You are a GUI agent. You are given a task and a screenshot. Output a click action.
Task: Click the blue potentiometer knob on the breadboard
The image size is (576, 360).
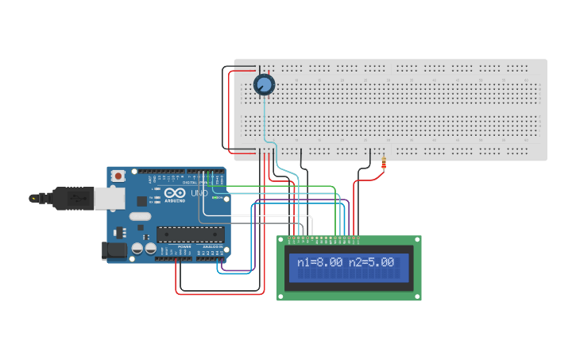point(264,84)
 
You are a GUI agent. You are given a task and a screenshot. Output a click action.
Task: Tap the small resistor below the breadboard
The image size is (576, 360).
point(385,164)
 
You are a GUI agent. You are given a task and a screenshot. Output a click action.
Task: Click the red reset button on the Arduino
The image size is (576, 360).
point(118,175)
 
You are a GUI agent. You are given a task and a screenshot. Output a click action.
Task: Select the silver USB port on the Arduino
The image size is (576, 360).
point(109,198)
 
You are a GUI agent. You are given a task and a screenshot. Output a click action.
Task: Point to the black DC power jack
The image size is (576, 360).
point(114,251)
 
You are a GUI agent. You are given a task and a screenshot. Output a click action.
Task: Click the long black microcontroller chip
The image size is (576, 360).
point(190,234)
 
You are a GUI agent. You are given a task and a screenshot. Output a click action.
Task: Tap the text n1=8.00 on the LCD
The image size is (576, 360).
point(320,262)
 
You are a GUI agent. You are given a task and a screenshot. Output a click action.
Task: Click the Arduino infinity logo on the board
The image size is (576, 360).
point(176,193)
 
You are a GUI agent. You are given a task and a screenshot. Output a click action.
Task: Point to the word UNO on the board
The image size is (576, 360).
point(199,193)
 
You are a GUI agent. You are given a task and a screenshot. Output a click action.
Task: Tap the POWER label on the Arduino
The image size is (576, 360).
point(184,247)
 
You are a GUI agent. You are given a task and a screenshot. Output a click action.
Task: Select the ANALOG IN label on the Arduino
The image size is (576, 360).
point(211,247)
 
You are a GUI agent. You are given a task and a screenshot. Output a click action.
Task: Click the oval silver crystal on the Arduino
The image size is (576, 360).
point(140,216)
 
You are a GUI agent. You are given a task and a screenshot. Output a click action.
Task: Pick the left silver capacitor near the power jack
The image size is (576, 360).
point(137,249)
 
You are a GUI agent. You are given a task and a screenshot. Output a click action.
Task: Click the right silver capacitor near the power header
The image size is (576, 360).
point(149,249)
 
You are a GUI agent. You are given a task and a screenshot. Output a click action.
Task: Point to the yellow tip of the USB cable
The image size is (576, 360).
point(33,198)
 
